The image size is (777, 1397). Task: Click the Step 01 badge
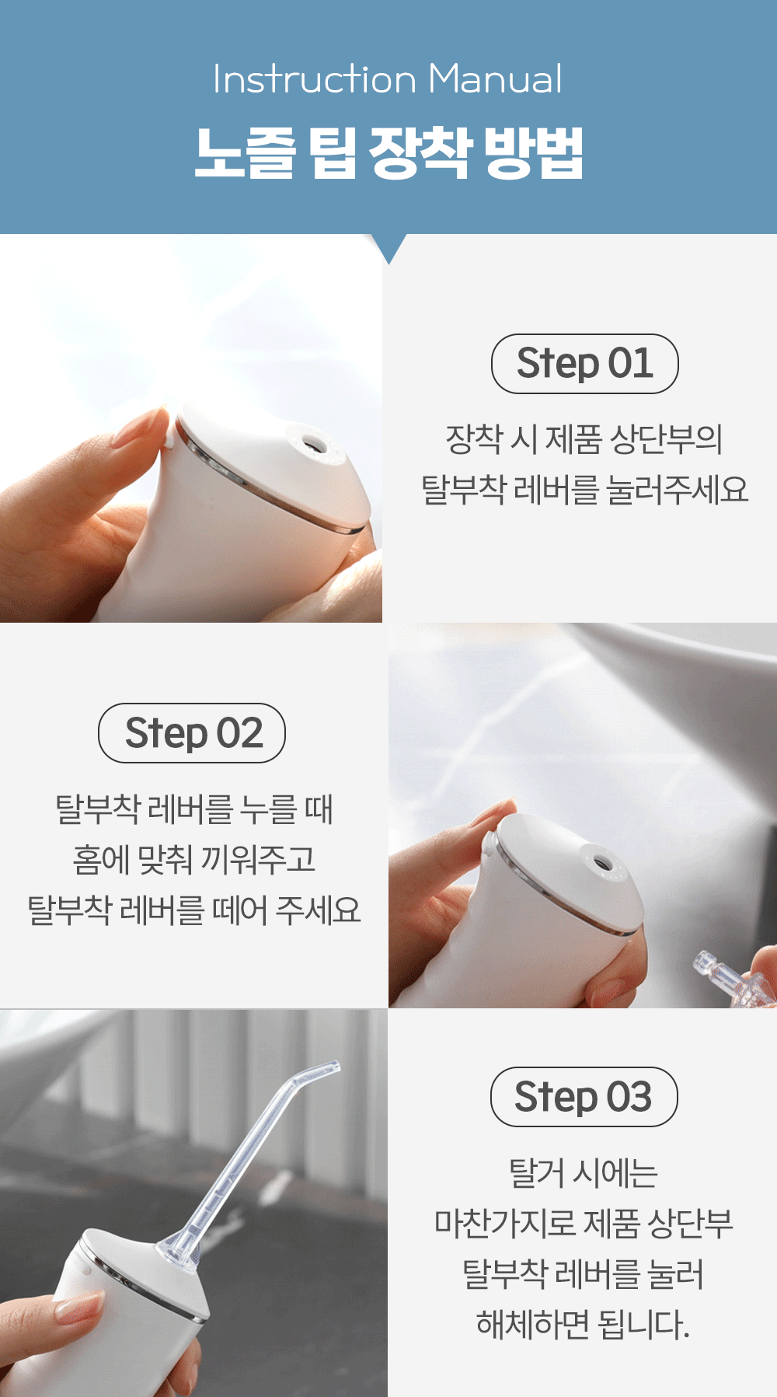tap(584, 364)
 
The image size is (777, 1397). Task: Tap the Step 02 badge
tap(192, 733)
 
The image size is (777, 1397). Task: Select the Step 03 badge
tap(584, 1097)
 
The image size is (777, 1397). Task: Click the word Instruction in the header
tap(315, 79)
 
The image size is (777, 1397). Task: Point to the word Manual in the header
tap(495, 79)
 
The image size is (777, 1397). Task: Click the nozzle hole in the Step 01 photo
tap(315, 444)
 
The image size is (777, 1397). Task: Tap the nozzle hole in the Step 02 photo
tap(601, 864)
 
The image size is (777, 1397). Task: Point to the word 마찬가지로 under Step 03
tap(504, 1223)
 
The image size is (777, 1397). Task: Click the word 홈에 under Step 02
tap(101, 859)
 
